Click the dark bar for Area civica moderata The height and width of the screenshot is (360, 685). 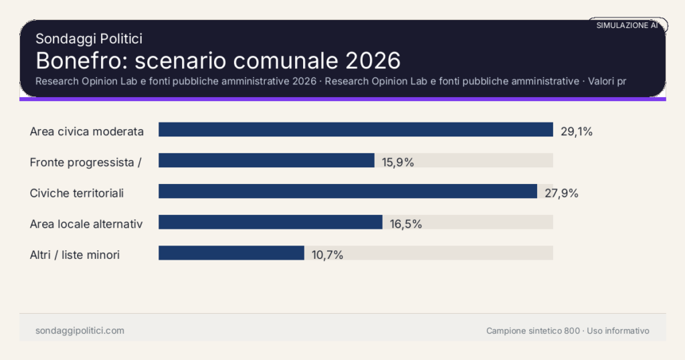pos(355,130)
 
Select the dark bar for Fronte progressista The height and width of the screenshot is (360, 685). pos(266,161)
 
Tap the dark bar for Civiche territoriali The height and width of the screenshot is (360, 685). pos(347,191)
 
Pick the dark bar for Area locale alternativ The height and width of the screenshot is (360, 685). pos(270,222)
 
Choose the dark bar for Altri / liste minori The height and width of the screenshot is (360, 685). pos(231,253)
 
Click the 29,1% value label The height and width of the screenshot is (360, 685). pos(577,132)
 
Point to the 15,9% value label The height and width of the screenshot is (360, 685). pos(398,163)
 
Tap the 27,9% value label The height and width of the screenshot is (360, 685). pos(561,193)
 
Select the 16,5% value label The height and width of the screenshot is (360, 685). pos(406,224)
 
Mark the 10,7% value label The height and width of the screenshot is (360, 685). pos(327,255)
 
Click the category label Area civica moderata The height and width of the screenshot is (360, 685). pos(87,132)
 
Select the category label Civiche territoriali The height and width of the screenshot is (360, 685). pos(77,193)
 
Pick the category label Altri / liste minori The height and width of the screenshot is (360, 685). pos(75,255)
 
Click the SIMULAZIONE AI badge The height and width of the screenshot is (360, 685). pos(627,25)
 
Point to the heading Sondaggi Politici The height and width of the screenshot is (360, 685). pos(89,39)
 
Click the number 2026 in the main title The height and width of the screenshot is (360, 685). pos(373,61)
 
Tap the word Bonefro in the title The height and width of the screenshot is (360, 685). pos(81,61)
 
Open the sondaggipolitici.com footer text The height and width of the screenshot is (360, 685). pos(80,331)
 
